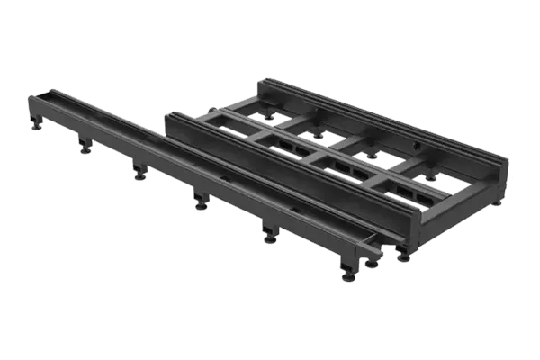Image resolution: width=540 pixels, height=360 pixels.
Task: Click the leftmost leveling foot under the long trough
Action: (x=36, y=125)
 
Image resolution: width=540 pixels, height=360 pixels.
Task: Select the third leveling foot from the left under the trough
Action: (x=139, y=174)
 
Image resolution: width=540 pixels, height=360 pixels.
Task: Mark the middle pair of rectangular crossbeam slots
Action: (x=346, y=166)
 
